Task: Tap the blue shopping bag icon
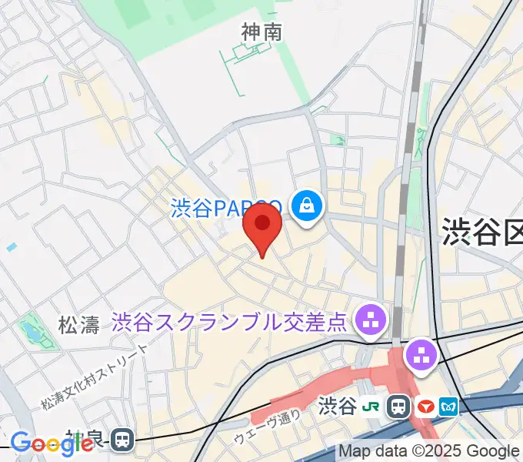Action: [307, 206]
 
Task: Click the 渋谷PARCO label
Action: [223, 208]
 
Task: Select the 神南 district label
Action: [261, 32]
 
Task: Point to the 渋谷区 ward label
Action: [481, 232]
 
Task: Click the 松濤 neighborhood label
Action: [79, 325]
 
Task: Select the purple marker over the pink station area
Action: [421, 355]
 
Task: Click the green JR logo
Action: [371, 406]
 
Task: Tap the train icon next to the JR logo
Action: [398, 406]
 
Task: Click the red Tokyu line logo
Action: [425, 406]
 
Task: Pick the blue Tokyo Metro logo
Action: [448, 406]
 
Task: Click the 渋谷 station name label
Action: [337, 406]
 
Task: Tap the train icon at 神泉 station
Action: [122, 440]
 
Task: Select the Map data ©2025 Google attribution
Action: [429, 451]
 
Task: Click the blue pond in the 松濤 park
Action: [32, 332]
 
